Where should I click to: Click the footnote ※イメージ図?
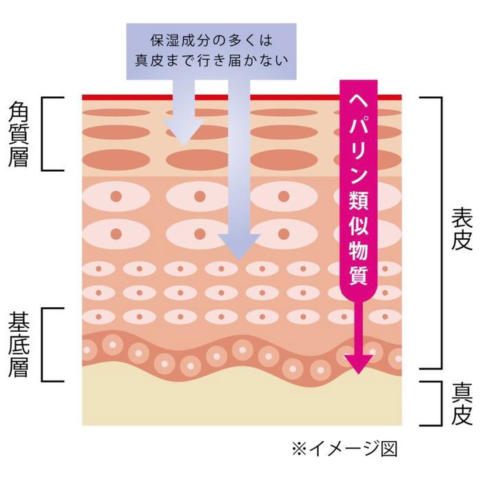[344, 448]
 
